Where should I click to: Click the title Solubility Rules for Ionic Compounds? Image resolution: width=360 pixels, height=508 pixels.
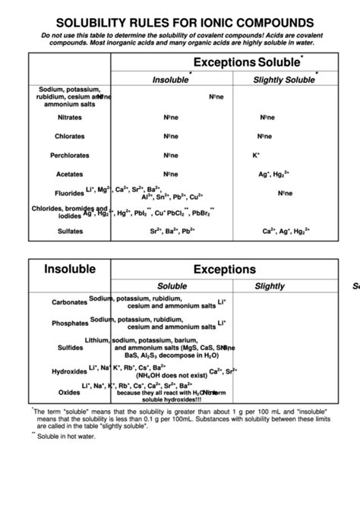pyautogui.click(x=180, y=22)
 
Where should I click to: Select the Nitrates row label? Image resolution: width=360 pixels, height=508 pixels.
pyautogui.click(x=69, y=118)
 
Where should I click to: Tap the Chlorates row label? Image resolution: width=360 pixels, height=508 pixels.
pyautogui.click(x=69, y=137)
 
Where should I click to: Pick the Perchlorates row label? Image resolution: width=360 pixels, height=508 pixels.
pyautogui.click(x=69, y=156)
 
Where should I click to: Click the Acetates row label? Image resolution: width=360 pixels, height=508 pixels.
pyautogui.click(x=69, y=174)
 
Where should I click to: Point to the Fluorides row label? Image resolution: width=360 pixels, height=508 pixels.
pyautogui.click(x=69, y=193)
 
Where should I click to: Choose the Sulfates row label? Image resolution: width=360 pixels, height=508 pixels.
pyautogui.click(x=69, y=231)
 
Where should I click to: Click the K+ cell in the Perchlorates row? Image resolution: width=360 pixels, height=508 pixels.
pyautogui.click(x=256, y=155)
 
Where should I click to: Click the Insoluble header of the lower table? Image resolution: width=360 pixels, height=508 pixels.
pyautogui.click(x=69, y=269)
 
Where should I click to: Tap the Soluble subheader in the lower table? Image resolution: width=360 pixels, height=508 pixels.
pyautogui.click(x=172, y=286)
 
